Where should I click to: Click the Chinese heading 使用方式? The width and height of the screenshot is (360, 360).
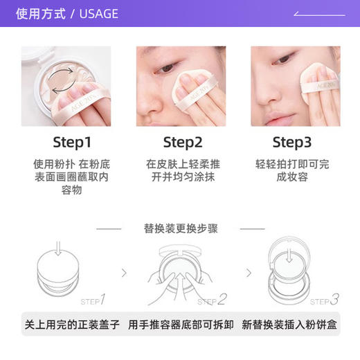pos(42,14)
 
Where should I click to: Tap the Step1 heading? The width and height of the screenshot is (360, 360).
pos(72,143)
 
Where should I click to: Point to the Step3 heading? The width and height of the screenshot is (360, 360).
pos(292,143)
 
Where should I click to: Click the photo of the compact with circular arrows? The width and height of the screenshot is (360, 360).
pos(66,86)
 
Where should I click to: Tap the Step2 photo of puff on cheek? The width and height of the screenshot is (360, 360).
pos(181,86)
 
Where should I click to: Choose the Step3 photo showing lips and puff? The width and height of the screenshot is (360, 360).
pos(295,86)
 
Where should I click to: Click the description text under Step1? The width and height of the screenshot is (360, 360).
pos(71,177)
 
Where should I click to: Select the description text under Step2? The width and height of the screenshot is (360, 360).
pos(182,170)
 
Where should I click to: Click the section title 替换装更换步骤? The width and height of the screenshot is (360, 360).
pos(181,228)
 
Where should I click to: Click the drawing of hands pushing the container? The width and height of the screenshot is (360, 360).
pos(181,273)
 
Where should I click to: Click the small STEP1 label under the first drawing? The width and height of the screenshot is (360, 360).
pos(92,300)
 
